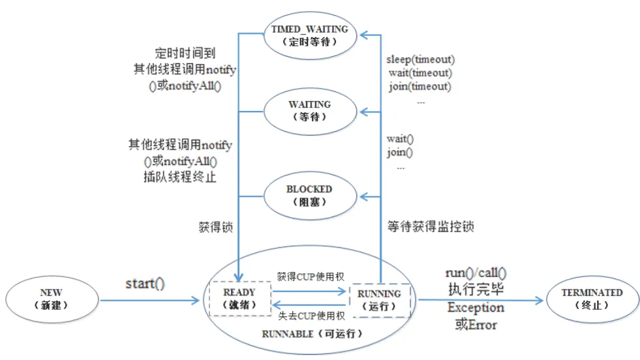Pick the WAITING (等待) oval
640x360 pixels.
click(x=310, y=110)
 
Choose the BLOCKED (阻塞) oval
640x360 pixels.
click(x=310, y=195)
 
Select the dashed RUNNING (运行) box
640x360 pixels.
click(x=379, y=301)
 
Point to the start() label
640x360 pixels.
click(x=145, y=284)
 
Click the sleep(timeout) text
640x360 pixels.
click(x=420, y=60)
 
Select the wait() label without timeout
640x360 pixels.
click(x=401, y=139)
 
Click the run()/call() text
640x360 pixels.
click(x=476, y=274)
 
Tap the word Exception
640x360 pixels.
click(x=476, y=307)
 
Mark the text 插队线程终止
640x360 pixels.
click(x=180, y=176)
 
